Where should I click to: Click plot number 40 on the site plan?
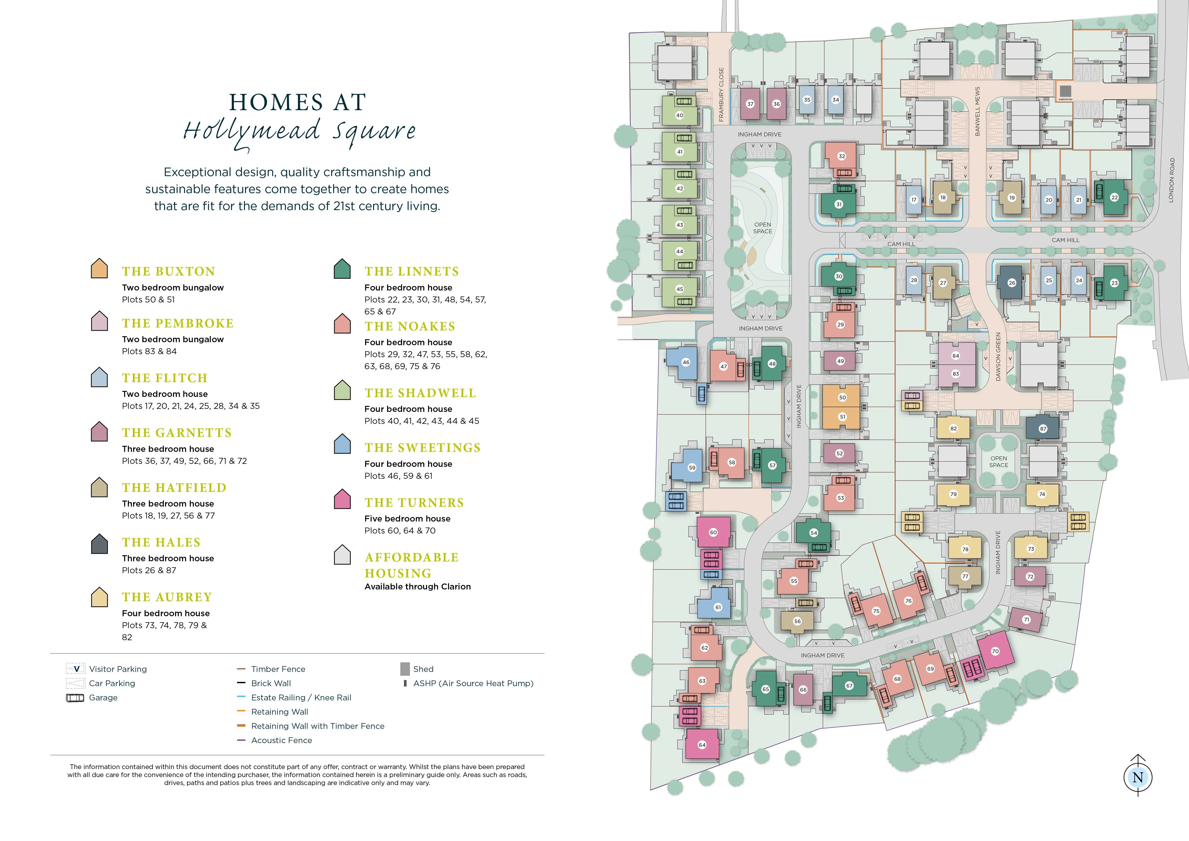[x=680, y=115]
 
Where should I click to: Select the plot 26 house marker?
[x=1011, y=283]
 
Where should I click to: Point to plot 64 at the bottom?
[x=702, y=745]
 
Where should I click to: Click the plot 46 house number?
[x=686, y=362]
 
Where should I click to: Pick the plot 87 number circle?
[x=1042, y=429]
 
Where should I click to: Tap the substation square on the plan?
[x=1065, y=91]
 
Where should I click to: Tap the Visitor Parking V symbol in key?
[x=76, y=669]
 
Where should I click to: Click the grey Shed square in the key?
[x=405, y=669]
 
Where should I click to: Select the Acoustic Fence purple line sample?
[x=241, y=741]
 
